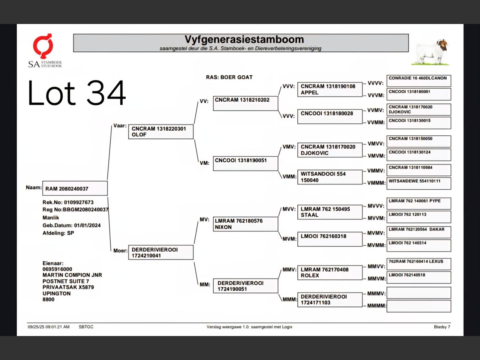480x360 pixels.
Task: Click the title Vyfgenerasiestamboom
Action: (x=244, y=40)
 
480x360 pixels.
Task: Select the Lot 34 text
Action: (x=77, y=93)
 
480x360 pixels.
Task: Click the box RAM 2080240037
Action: (x=75, y=189)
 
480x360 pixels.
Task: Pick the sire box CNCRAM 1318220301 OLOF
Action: (x=160, y=132)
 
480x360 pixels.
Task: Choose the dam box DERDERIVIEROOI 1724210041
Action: (x=160, y=253)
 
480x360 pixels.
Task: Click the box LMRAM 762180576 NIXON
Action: (x=245, y=224)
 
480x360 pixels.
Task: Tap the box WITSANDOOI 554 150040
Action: (x=330, y=177)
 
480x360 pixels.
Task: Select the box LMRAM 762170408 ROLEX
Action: (x=330, y=272)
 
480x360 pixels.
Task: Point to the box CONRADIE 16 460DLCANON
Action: (x=418, y=81)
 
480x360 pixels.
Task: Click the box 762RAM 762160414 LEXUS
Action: (x=418, y=264)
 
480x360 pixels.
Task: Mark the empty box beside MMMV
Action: (x=418, y=293)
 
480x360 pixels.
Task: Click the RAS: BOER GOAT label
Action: (x=229, y=77)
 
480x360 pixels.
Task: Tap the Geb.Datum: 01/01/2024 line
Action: (x=72, y=225)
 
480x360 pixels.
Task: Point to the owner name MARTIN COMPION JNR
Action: (x=72, y=275)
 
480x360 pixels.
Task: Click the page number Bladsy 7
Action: (x=442, y=327)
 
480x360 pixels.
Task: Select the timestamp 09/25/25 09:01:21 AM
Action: (x=49, y=327)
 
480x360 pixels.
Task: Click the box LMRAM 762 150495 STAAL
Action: (x=330, y=212)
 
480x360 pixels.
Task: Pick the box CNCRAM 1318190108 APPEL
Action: (x=330, y=89)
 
